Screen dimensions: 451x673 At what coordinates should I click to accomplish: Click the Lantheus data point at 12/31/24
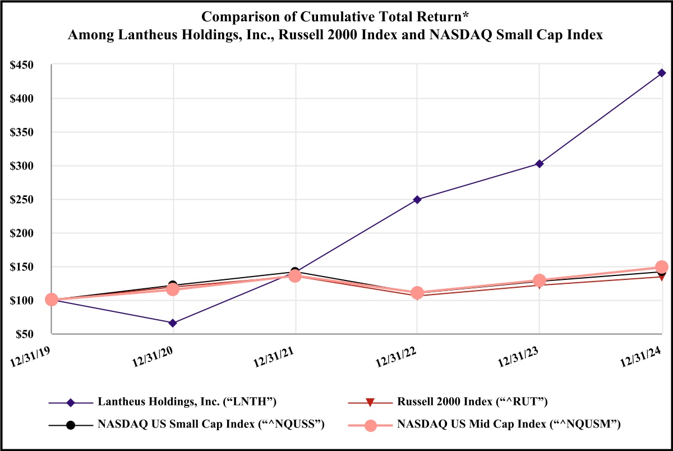pyautogui.click(x=662, y=73)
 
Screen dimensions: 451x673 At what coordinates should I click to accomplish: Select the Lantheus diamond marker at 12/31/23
pyautogui.click(x=540, y=164)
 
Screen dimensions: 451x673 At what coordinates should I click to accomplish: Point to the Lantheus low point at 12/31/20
pyautogui.click(x=173, y=323)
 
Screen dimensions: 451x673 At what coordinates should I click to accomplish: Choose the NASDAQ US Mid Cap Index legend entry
pyautogui.click(x=508, y=425)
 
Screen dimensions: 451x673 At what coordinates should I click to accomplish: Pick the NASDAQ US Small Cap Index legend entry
pyautogui.click(x=211, y=425)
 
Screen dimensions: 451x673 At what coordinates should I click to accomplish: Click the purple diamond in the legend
pyautogui.click(x=71, y=402)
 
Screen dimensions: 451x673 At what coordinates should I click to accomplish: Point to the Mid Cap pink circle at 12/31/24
pyautogui.click(x=662, y=267)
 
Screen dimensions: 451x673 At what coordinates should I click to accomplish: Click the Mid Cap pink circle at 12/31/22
pyautogui.click(x=417, y=293)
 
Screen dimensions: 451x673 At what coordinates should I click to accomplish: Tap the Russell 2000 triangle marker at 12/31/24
pyautogui.click(x=662, y=277)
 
